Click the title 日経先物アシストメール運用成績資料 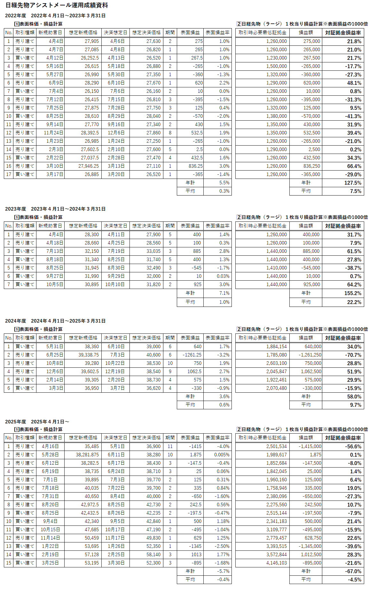[57, 5]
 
